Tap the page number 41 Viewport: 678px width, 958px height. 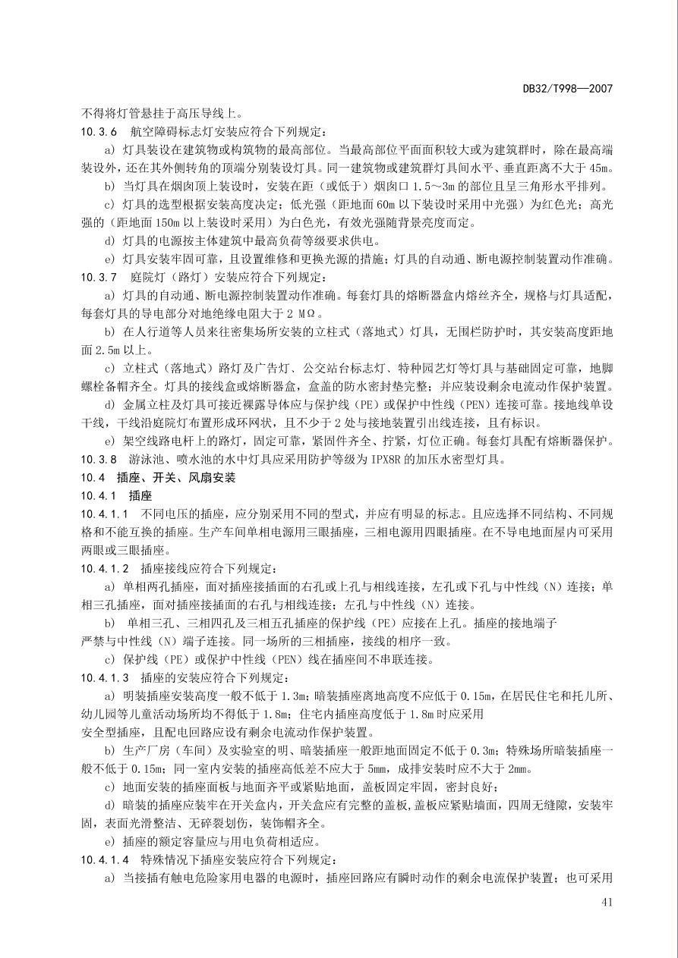click(x=606, y=902)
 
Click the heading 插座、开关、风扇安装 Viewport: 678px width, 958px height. click(x=176, y=478)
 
